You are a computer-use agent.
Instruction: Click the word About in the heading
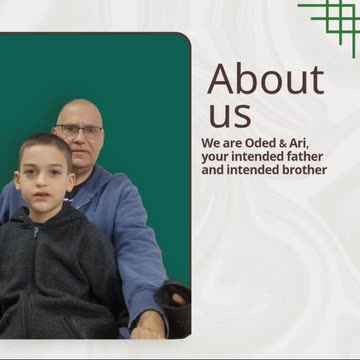point(266,79)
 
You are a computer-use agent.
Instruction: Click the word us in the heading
point(230,115)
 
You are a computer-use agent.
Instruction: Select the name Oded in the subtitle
point(259,143)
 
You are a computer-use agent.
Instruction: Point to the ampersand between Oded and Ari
point(279,144)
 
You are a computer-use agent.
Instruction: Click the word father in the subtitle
point(305,156)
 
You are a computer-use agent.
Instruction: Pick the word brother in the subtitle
point(305,170)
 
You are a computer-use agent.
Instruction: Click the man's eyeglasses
point(79,130)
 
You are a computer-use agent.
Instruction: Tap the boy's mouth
point(42,195)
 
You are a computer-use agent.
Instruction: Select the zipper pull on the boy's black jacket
point(36,232)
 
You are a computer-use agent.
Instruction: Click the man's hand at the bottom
point(149,324)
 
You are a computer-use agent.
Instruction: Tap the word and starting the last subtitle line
point(212,170)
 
